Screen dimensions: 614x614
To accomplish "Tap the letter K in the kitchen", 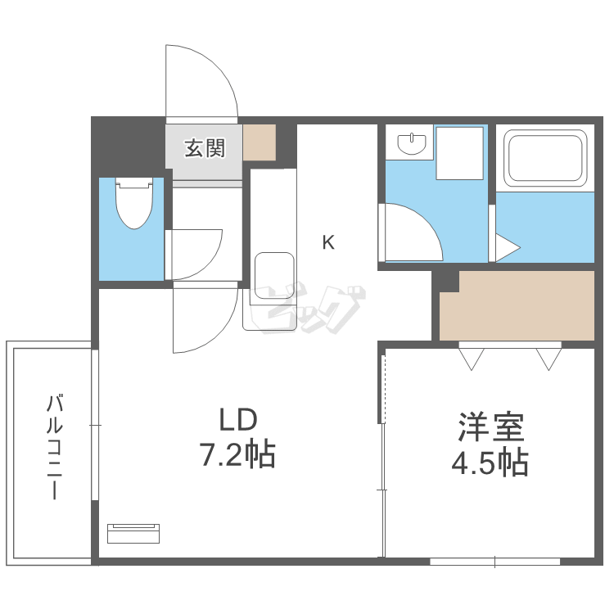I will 328,242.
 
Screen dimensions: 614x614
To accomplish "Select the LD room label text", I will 237,421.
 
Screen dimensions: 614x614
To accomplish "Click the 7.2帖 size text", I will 237,453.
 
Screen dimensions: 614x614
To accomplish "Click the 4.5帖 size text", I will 490,463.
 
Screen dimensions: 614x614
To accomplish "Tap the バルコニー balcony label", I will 55,447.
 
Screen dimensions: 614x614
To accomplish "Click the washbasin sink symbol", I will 413,144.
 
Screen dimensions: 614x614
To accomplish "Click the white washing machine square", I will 459,152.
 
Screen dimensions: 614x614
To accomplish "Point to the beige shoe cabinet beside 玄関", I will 260,142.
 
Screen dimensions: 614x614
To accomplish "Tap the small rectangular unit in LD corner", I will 133,533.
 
